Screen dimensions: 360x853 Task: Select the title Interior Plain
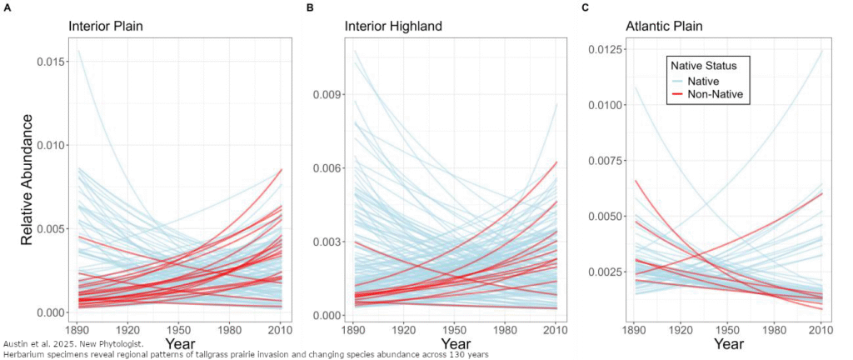coord(106,27)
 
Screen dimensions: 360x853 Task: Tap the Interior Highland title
coord(394,27)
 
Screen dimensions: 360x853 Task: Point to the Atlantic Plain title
coord(664,27)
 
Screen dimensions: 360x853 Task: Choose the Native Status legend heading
coord(711,63)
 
